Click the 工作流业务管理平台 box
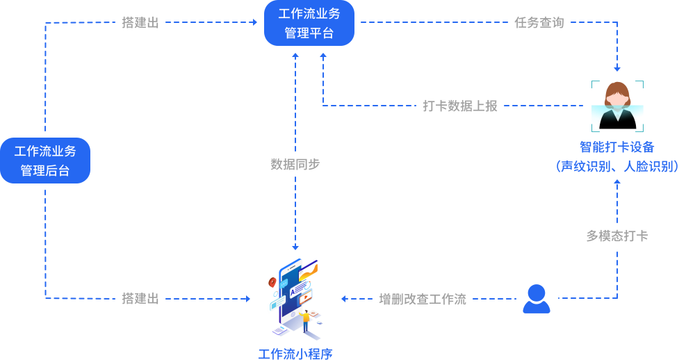coord(309,23)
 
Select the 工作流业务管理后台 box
coord(45,161)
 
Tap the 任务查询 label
coord(539,23)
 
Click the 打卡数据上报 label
coord(460,106)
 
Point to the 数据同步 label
coord(295,165)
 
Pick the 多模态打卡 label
coord(617,236)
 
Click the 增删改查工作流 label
coord(423,300)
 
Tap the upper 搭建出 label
coord(140,23)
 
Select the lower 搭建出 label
coord(140,299)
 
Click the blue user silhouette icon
coord(536,299)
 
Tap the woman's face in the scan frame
coord(616,97)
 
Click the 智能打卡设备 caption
coord(617,147)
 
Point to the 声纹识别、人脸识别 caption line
coord(617,166)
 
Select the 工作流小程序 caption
coord(295,354)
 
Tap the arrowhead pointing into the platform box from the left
coord(254,23)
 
